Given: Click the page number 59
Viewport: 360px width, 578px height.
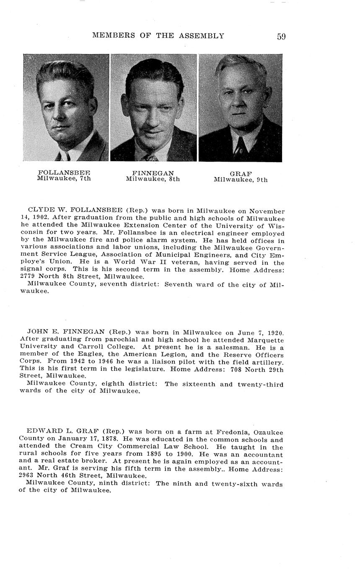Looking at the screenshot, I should (x=281, y=36).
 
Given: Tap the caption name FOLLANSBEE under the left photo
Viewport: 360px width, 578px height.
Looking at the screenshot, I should (x=64, y=173).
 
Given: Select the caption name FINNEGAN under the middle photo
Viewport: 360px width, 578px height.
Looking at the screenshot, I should (x=153, y=173).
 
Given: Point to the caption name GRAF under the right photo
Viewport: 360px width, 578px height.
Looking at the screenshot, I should (x=241, y=174).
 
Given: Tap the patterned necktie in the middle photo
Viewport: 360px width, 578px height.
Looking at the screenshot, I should (x=150, y=157).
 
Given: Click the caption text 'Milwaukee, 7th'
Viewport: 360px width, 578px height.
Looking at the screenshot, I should (x=64, y=178).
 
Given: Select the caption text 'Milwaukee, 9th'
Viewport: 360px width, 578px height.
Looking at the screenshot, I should (x=241, y=180).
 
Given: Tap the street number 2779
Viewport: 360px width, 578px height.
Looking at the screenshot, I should (x=28, y=277).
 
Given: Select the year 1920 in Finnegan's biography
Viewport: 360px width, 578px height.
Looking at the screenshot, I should (x=274, y=333).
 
